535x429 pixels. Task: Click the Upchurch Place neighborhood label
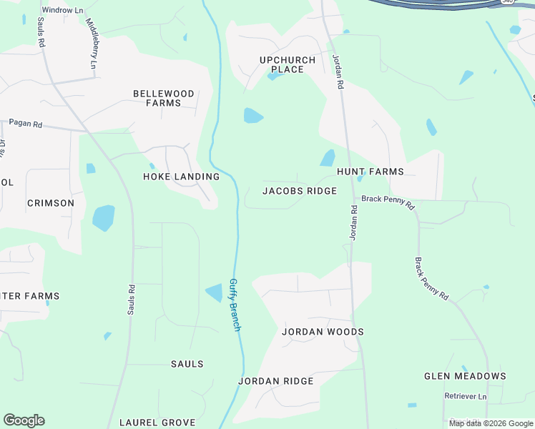282,64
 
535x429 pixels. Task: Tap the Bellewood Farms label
164,99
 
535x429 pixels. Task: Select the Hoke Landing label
181,177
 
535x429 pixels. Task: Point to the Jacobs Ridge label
300,191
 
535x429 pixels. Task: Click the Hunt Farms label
370,172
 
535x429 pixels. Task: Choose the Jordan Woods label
323,332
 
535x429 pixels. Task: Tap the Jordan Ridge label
275,381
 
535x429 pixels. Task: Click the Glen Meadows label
465,376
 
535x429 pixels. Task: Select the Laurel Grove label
157,423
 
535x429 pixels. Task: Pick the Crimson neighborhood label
51,203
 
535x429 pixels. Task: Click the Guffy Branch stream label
235,305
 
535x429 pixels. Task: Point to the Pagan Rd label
26,124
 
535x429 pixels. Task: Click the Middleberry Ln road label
92,43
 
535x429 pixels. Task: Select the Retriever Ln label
465,396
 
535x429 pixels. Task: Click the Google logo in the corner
24,420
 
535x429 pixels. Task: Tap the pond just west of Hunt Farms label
327,158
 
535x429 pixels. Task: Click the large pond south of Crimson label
103,217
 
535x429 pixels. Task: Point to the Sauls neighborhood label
187,364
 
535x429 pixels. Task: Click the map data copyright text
491,423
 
